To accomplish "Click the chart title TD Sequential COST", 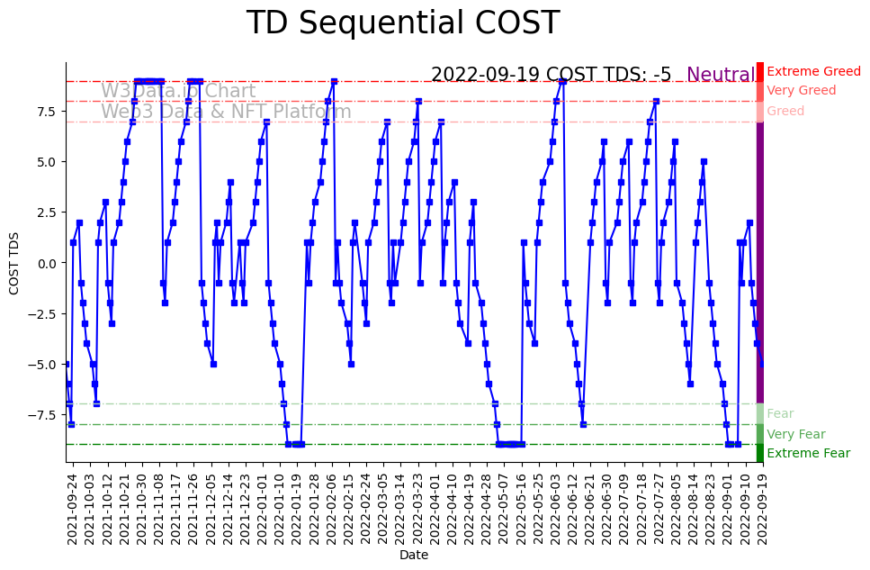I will coord(402,23).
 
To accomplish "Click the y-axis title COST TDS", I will coord(14,263).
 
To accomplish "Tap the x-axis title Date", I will coord(414,556).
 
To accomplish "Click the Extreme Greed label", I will coord(813,72).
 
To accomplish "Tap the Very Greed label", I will coord(801,91).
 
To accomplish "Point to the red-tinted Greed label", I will coord(785,112).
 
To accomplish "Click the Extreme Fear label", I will coord(808,454).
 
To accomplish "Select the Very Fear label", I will coord(795,434).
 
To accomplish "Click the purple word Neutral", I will coord(721,76).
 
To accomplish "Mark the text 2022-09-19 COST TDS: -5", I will coord(551,76).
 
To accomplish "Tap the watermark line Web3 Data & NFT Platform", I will coord(226,113).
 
